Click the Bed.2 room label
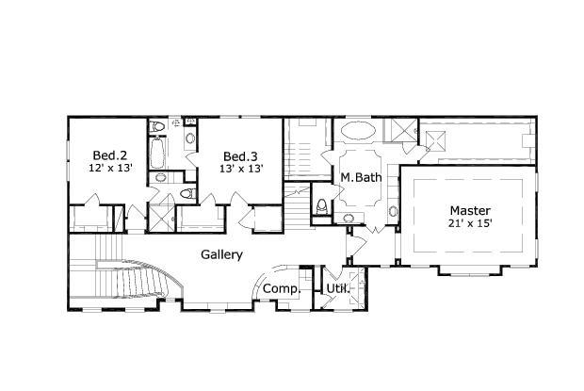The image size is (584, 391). click(109, 155)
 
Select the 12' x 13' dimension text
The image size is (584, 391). click(109, 168)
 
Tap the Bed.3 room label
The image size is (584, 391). click(240, 156)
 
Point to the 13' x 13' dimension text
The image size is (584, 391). click(240, 169)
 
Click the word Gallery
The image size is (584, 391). click(222, 254)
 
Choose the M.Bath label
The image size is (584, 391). click(359, 177)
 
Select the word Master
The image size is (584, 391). click(470, 210)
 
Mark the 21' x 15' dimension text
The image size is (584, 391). click(470, 223)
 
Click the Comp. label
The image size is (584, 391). click(280, 288)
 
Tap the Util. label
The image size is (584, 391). click(337, 288)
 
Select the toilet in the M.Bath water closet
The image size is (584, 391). click(323, 204)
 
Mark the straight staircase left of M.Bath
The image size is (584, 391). click(302, 151)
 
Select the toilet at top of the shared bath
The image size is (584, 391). click(158, 125)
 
